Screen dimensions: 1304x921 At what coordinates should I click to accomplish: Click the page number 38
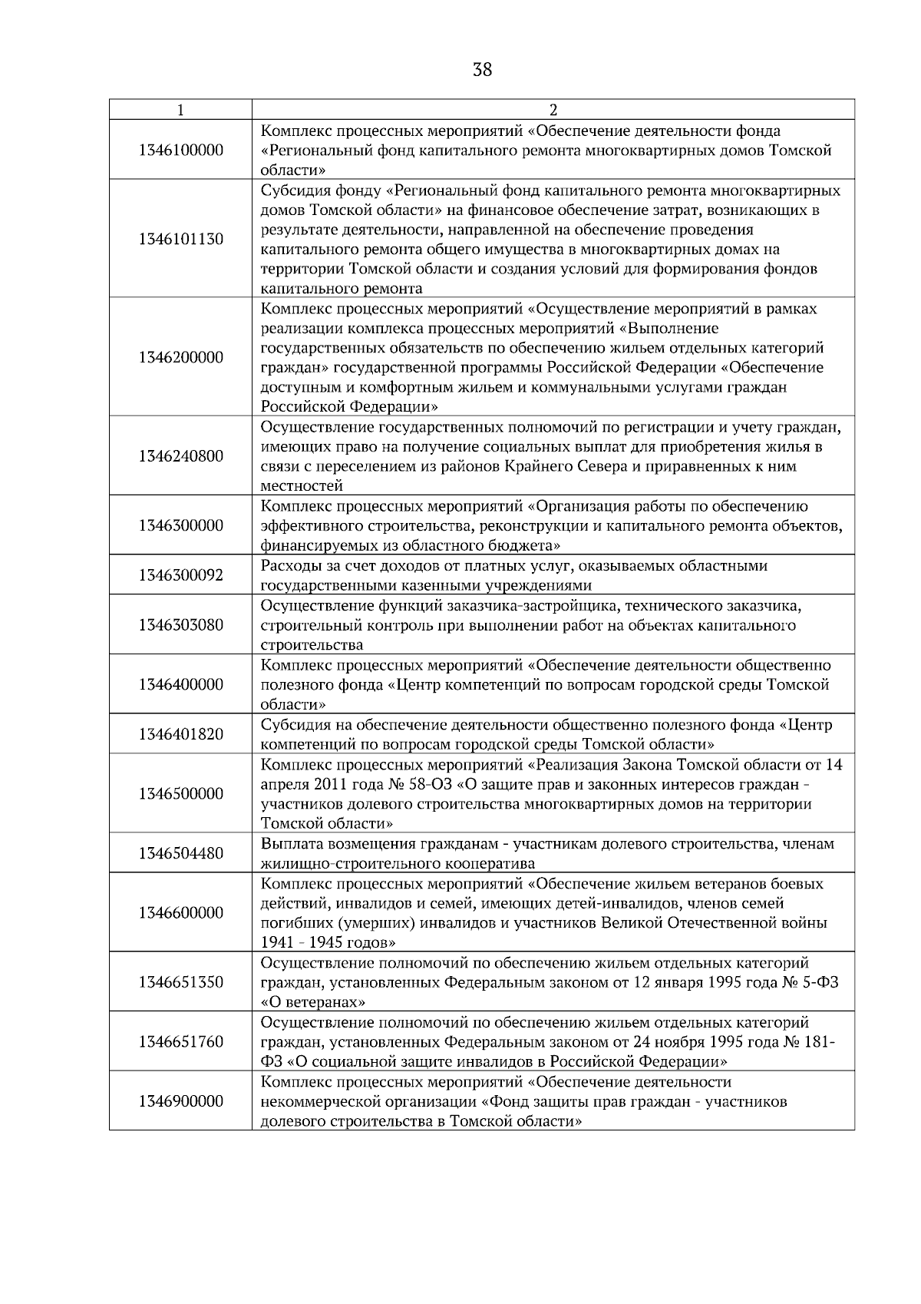click(482, 70)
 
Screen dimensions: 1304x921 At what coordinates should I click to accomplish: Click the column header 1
click(180, 110)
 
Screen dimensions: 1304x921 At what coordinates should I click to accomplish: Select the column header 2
click(553, 110)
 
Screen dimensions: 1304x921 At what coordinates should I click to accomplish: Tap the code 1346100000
click(180, 150)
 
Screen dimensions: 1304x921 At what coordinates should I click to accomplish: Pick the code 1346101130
click(180, 239)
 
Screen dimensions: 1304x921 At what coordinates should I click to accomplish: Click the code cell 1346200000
click(180, 357)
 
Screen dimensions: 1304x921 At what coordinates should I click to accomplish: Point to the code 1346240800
click(180, 456)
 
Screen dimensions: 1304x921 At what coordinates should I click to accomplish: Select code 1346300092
click(180, 575)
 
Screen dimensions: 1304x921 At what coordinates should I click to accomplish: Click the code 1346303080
click(180, 625)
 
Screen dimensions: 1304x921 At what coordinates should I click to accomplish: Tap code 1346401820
click(180, 734)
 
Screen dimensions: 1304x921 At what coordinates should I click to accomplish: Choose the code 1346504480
click(180, 853)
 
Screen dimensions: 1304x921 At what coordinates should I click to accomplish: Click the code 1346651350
click(180, 982)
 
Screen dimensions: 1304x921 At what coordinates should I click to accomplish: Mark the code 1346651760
click(180, 1041)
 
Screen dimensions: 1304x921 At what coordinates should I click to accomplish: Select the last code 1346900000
click(180, 1101)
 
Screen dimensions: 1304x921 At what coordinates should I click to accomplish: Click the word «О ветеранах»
click(312, 1002)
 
